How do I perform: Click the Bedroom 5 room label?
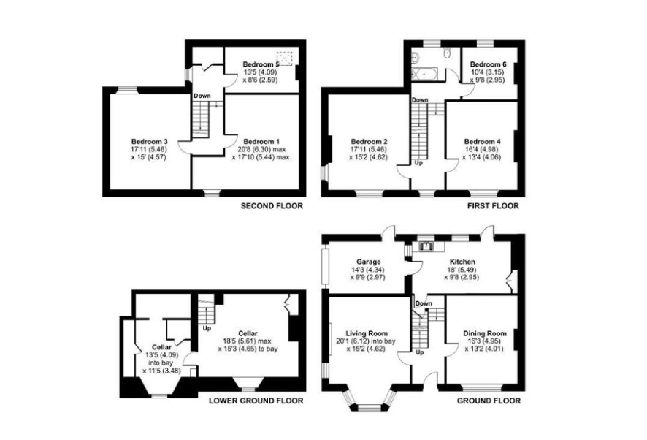point(261,64)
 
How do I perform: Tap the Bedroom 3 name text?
point(150,142)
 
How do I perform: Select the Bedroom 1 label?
point(261,142)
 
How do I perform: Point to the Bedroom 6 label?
point(488,64)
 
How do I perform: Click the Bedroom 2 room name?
point(370,142)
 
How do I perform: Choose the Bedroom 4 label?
point(483,142)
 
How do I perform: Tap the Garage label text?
point(369,262)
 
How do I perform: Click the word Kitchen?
point(462,262)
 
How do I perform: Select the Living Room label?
point(367,334)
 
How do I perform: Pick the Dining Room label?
point(485,334)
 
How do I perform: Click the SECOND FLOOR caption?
point(272,205)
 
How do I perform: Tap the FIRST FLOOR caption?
point(493,205)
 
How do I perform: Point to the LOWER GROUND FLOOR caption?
point(256,401)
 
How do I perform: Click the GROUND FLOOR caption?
point(489,401)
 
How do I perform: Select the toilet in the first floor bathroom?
point(447,53)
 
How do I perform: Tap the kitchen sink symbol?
point(426,246)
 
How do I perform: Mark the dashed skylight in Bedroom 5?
point(284,58)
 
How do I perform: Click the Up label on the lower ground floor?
point(207,329)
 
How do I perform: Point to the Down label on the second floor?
point(202,96)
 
